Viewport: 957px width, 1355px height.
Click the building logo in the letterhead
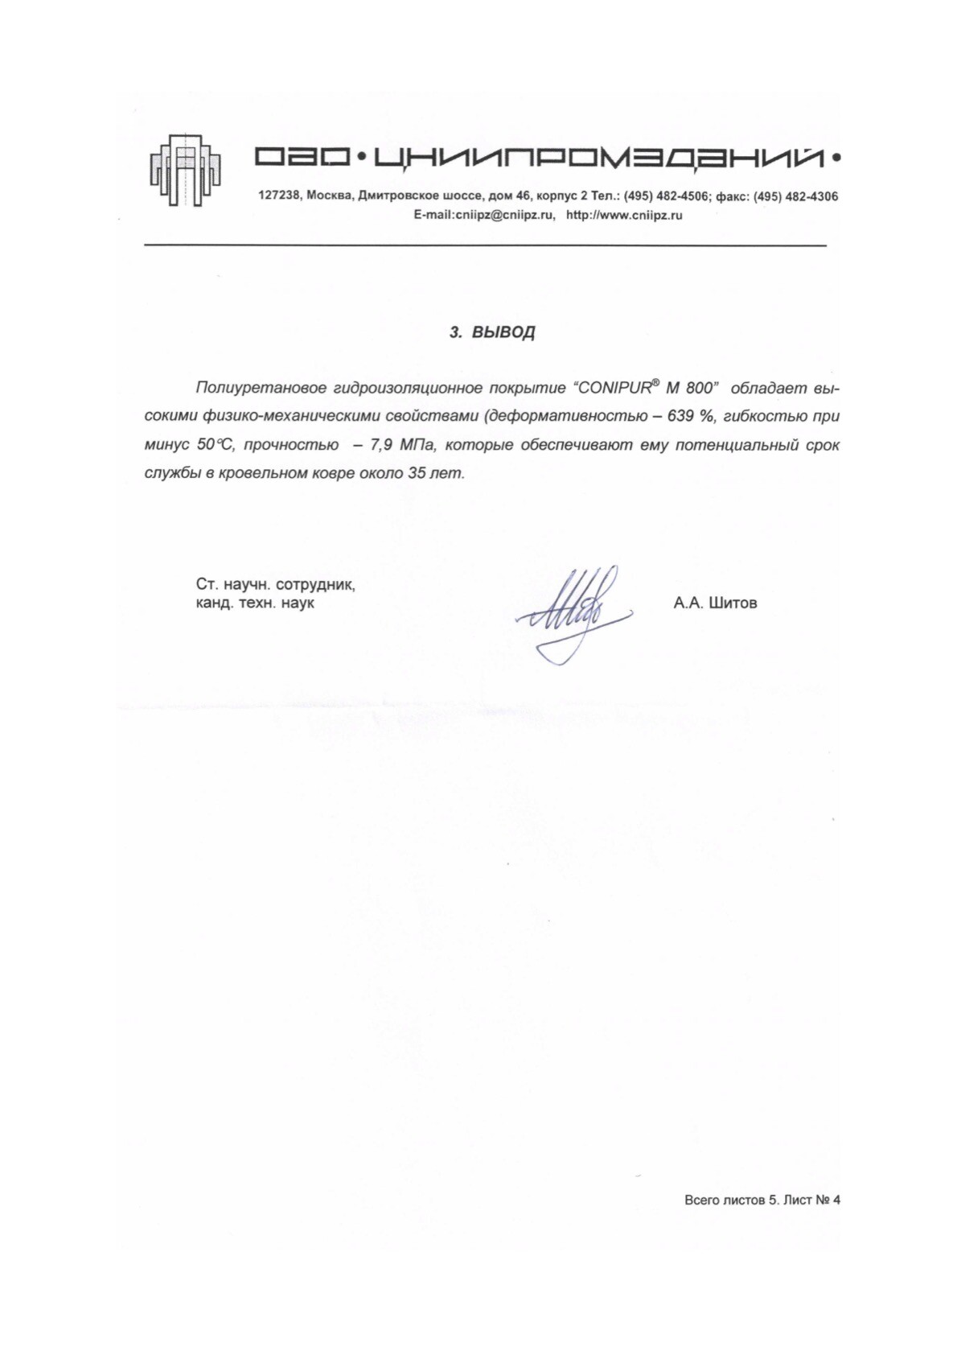coord(186,168)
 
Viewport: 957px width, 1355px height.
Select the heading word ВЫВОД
coord(503,332)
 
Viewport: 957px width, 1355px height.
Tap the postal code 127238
coord(277,196)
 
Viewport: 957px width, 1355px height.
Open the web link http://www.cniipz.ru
coord(624,216)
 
